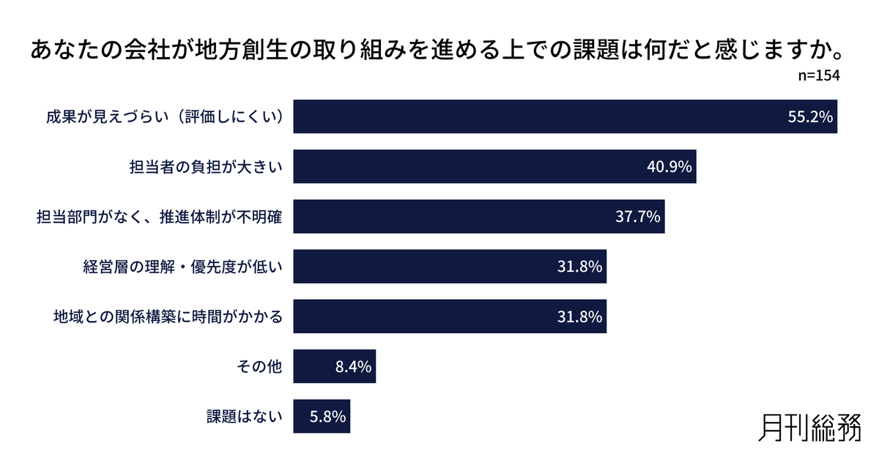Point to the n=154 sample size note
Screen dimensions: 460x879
point(818,76)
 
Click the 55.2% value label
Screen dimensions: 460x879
point(810,117)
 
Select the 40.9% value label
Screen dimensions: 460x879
point(669,167)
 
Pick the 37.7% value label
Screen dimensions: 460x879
point(637,217)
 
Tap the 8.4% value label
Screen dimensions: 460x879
point(354,366)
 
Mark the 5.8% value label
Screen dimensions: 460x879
point(327,416)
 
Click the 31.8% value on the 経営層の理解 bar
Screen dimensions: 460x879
point(579,267)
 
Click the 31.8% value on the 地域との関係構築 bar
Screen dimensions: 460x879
point(579,316)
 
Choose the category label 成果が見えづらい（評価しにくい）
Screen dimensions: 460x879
point(165,117)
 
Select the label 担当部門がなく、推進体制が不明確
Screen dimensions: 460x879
point(160,217)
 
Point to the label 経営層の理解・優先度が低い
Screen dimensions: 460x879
point(182,267)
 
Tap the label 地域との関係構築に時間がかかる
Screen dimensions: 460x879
point(168,316)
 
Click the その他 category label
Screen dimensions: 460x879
point(260,366)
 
